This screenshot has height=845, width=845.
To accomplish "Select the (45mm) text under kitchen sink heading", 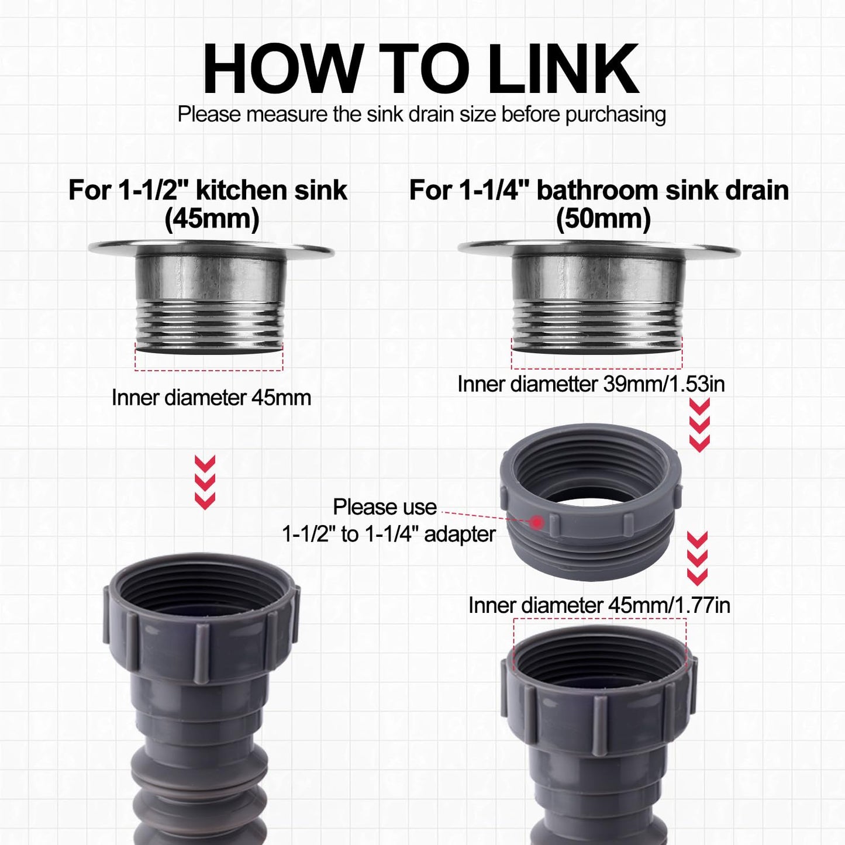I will (x=212, y=219).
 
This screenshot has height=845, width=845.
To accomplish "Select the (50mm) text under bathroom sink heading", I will (x=603, y=219).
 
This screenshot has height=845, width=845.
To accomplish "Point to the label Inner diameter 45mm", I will (x=211, y=398).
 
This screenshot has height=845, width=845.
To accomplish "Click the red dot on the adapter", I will (x=536, y=521).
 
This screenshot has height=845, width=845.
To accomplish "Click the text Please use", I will (x=385, y=507).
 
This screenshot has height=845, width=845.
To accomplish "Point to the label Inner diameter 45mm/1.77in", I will (x=599, y=605).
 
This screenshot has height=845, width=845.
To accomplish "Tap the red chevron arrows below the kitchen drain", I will (x=205, y=482).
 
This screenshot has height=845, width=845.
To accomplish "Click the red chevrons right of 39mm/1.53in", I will (x=699, y=425).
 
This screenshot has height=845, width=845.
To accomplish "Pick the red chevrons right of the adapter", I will (x=697, y=558).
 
